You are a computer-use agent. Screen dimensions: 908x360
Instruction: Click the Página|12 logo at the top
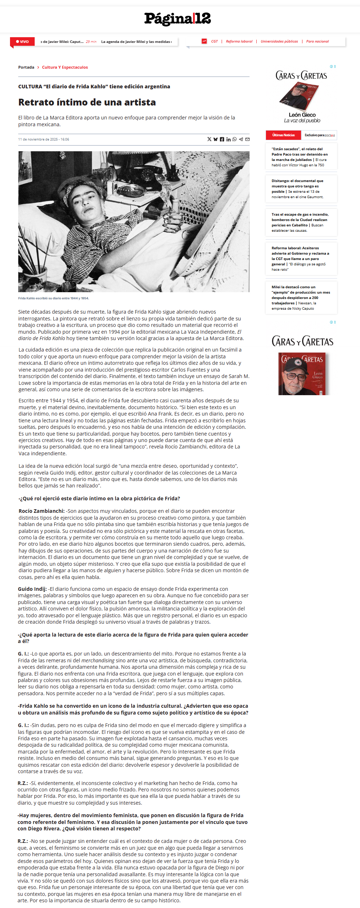(x=177, y=19)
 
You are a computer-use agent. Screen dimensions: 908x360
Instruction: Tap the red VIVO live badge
(x=23, y=41)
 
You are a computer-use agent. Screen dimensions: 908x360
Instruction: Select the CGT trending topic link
(x=214, y=41)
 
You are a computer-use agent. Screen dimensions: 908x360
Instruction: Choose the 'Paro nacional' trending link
(x=317, y=41)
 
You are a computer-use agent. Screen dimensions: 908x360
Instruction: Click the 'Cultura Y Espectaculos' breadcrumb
(x=65, y=67)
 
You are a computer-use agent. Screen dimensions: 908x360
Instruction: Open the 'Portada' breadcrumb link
(x=26, y=67)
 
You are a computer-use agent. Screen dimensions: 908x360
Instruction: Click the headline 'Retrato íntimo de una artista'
(x=87, y=102)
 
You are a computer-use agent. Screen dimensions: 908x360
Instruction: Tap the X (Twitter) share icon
(x=209, y=139)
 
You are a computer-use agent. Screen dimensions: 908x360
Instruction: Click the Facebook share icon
(x=222, y=139)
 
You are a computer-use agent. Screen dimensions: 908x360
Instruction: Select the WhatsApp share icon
(x=235, y=139)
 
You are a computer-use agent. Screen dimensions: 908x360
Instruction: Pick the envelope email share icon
(x=247, y=139)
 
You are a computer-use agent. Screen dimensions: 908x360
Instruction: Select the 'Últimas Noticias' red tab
(x=283, y=135)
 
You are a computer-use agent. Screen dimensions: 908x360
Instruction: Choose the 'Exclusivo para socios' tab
(x=319, y=135)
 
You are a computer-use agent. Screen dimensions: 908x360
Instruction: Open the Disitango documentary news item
(x=297, y=188)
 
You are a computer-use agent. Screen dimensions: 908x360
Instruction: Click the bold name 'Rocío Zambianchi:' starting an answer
(x=41, y=511)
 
